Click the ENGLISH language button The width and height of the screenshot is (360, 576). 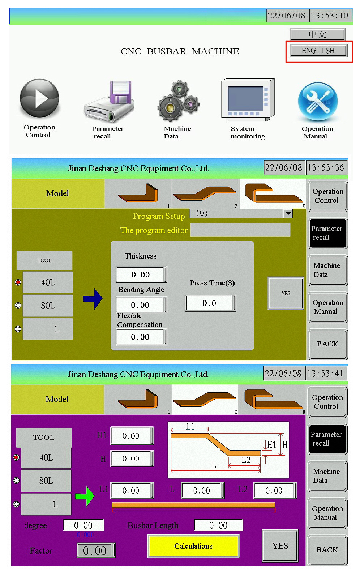click(318, 51)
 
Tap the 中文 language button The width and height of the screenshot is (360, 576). click(317, 34)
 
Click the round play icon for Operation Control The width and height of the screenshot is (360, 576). click(39, 98)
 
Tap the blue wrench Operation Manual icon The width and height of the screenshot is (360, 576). click(318, 102)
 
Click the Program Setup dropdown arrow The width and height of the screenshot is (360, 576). click(288, 213)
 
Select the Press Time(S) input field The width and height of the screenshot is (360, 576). click(210, 303)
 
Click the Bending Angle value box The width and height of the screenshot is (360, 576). click(141, 305)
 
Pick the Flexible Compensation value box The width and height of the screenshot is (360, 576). click(141, 337)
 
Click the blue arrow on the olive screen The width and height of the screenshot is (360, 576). click(93, 299)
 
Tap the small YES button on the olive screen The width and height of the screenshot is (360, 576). click(286, 293)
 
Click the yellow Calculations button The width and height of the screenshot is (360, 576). click(193, 546)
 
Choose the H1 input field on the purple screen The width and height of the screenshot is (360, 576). click(132, 436)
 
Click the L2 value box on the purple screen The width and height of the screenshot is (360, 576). click(275, 491)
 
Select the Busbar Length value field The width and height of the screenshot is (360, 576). click(218, 525)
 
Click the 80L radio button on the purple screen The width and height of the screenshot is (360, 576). click(16, 481)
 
